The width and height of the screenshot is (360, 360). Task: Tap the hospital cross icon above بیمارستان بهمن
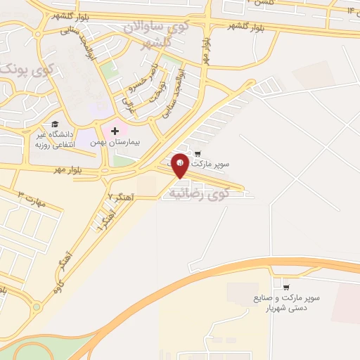[115, 131]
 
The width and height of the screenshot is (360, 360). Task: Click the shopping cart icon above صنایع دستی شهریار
[285, 287]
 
